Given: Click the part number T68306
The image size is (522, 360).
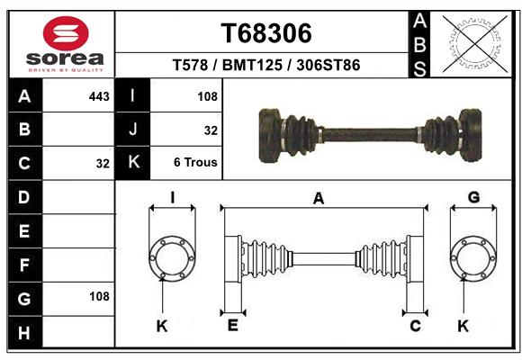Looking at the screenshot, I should pyautogui.click(x=266, y=33).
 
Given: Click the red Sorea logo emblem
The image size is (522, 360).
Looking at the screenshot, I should pyautogui.click(x=66, y=34).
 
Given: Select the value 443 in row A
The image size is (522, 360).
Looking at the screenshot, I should pyautogui.click(x=99, y=96).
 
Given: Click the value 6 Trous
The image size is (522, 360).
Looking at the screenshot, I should pyautogui.click(x=195, y=163).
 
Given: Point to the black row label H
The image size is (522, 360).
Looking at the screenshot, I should pyautogui.click(x=24, y=333).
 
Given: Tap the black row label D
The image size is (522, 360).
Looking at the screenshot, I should pyautogui.click(x=24, y=196).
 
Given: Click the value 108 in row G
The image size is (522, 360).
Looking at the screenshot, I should pyautogui.click(x=99, y=296).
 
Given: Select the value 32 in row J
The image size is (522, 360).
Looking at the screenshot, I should pyautogui.click(x=211, y=130).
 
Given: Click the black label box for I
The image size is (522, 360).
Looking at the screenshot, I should pyautogui.click(x=133, y=96).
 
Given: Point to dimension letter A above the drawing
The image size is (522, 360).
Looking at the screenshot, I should pyautogui.click(x=318, y=200).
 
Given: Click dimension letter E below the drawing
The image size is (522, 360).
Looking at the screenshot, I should pyautogui.click(x=232, y=326).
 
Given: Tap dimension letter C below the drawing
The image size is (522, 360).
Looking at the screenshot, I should pyautogui.click(x=415, y=326).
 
